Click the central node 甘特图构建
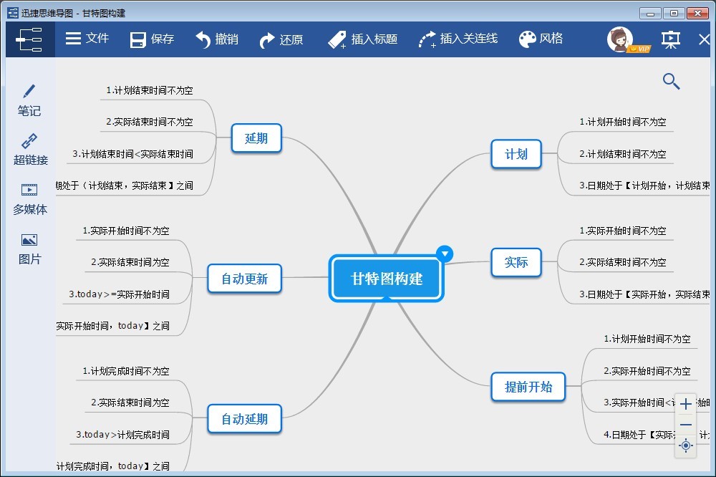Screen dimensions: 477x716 (387, 279)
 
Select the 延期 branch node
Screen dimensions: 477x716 (256, 138)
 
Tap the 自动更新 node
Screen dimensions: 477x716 (244, 279)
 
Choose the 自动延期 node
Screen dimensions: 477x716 (244, 419)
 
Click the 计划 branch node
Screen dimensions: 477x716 (516, 154)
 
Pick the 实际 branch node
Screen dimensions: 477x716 (516, 263)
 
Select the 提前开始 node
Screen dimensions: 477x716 (528, 387)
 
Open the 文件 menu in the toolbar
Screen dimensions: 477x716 (87, 39)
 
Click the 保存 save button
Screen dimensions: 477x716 (152, 39)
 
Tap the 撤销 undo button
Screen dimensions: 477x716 (217, 39)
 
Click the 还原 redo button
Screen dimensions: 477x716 (281, 39)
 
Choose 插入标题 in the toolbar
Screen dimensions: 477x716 (362, 39)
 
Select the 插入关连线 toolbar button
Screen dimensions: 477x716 (458, 39)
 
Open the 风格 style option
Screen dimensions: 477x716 (541, 39)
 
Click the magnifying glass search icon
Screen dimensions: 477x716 (671, 81)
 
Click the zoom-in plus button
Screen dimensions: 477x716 (686, 404)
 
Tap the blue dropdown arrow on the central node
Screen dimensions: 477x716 (445, 253)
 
